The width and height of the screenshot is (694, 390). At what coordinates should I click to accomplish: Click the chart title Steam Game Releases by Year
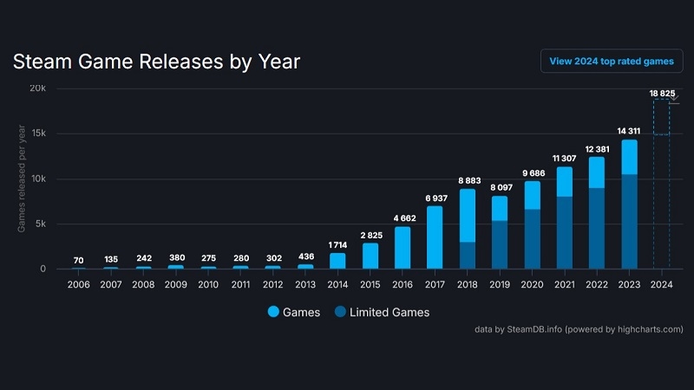coord(156,62)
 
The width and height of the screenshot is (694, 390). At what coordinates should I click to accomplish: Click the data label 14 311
coord(629,131)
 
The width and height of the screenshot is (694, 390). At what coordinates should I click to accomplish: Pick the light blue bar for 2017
coord(435,237)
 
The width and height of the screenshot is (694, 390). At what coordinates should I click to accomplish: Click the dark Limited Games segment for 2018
coord(467,255)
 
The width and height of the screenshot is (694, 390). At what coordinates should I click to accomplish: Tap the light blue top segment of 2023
coord(629,157)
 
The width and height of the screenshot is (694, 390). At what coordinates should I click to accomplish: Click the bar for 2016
coord(403,247)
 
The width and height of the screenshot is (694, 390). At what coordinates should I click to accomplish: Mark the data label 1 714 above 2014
coord(337,244)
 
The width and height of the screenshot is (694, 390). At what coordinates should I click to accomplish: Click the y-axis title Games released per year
coord(22,179)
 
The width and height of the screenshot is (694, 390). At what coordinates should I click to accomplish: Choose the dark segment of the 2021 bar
coord(564,232)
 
